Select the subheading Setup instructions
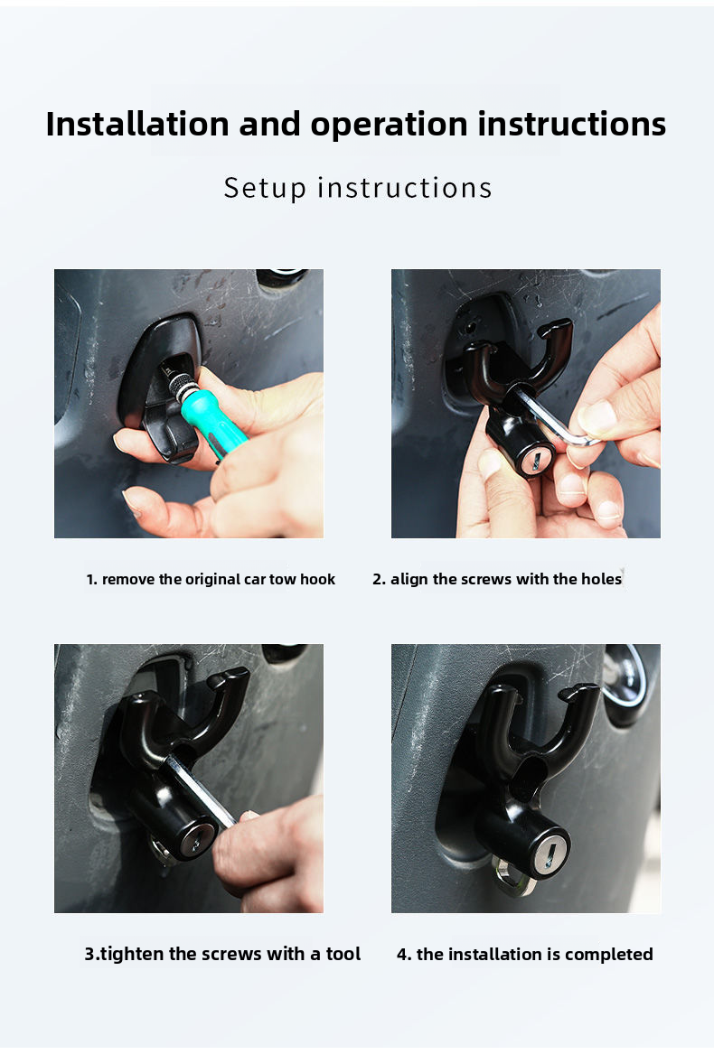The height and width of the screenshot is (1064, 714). tap(358, 188)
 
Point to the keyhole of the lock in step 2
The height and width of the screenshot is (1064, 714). tap(534, 462)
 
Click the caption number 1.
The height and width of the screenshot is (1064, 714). tap(91, 580)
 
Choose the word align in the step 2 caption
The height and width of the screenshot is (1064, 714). tap(410, 580)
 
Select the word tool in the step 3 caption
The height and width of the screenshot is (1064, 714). tap(343, 955)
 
